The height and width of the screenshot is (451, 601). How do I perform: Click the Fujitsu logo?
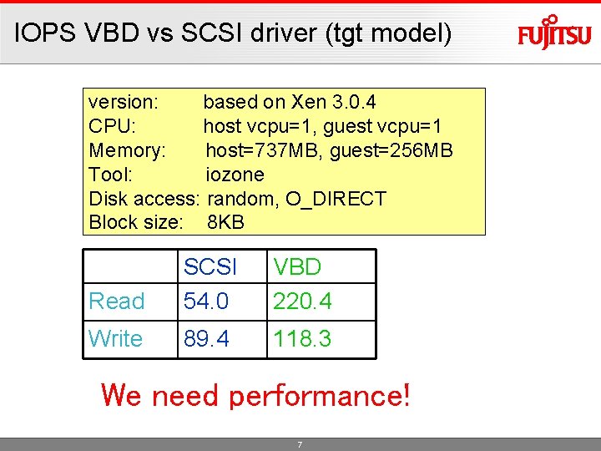(x=553, y=33)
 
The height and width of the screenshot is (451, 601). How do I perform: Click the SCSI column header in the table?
(x=210, y=267)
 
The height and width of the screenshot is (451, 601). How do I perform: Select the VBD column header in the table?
(x=297, y=267)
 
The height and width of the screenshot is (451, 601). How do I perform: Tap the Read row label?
(x=117, y=302)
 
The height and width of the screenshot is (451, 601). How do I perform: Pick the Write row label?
(x=115, y=339)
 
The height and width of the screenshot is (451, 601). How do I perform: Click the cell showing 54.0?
(x=206, y=302)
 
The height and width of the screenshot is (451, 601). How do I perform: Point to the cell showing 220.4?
(x=302, y=302)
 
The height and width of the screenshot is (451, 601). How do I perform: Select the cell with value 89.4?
(x=206, y=339)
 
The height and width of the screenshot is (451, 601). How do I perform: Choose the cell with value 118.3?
(x=302, y=339)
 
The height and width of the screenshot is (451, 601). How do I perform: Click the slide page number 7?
(x=300, y=445)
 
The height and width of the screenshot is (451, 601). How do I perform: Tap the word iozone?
(x=235, y=175)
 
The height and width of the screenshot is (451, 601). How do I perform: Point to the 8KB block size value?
(x=225, y=223)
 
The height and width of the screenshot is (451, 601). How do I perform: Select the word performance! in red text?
(x=319, y=395)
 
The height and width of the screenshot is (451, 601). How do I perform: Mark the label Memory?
(x=128, y=150)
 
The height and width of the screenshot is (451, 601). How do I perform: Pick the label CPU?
(x=113, y=126)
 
